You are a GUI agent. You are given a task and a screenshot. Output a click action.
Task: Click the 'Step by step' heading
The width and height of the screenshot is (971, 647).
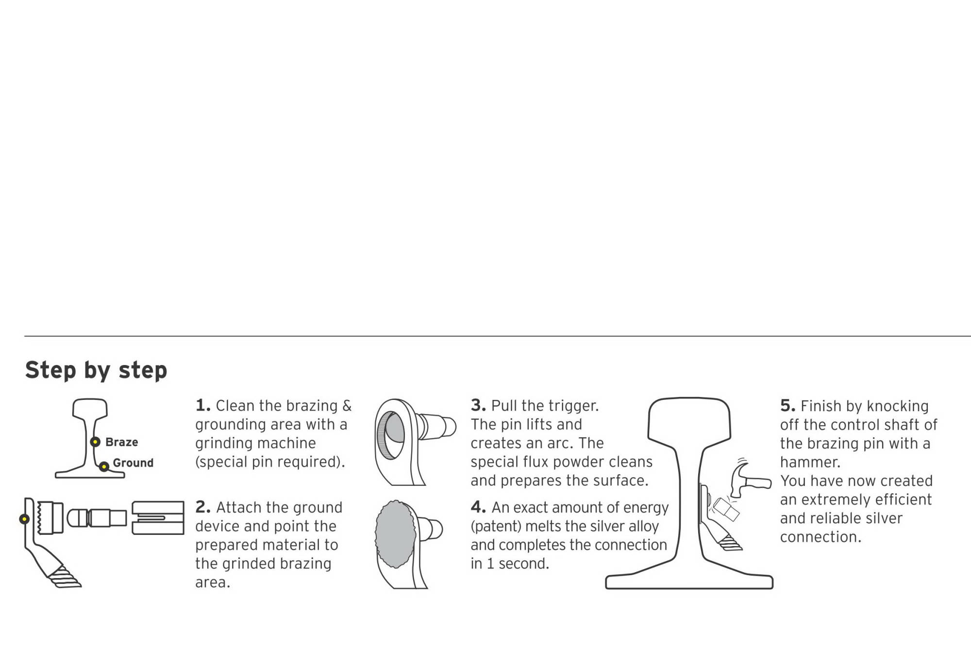point(96,371)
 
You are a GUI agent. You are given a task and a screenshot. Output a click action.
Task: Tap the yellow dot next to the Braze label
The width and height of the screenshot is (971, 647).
point(96,442)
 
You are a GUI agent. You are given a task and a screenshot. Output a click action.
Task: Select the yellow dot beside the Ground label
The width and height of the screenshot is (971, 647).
point(104,467)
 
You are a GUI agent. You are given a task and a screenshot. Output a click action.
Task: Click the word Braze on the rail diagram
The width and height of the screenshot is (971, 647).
point(121,442)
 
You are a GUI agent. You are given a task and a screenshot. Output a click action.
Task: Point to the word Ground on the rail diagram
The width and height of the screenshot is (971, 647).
point(133,463)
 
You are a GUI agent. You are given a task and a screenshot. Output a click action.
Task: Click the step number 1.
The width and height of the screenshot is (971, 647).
point(203,405)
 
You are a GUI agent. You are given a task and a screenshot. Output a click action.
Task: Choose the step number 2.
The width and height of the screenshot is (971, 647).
point(203,507)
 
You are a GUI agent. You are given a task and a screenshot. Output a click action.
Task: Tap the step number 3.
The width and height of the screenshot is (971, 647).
point(478,405)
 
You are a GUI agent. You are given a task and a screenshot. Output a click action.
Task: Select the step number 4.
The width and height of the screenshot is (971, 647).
point(478,507)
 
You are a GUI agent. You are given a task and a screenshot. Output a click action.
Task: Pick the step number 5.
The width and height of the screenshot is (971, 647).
point(788,406)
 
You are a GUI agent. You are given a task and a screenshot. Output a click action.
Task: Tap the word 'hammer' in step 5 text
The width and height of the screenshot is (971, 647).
point(810,462)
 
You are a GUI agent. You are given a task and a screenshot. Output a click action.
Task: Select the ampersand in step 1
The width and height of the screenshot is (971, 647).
point(347,406)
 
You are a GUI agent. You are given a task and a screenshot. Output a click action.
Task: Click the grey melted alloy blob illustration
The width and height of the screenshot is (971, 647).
point(396,534)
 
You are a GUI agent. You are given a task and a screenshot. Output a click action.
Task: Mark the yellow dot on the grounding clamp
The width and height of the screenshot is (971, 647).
point(24,519)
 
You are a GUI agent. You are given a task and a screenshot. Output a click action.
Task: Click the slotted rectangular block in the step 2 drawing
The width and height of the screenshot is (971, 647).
point(158,518)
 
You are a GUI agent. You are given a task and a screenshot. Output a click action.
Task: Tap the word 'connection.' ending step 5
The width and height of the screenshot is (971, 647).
point(820,537)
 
